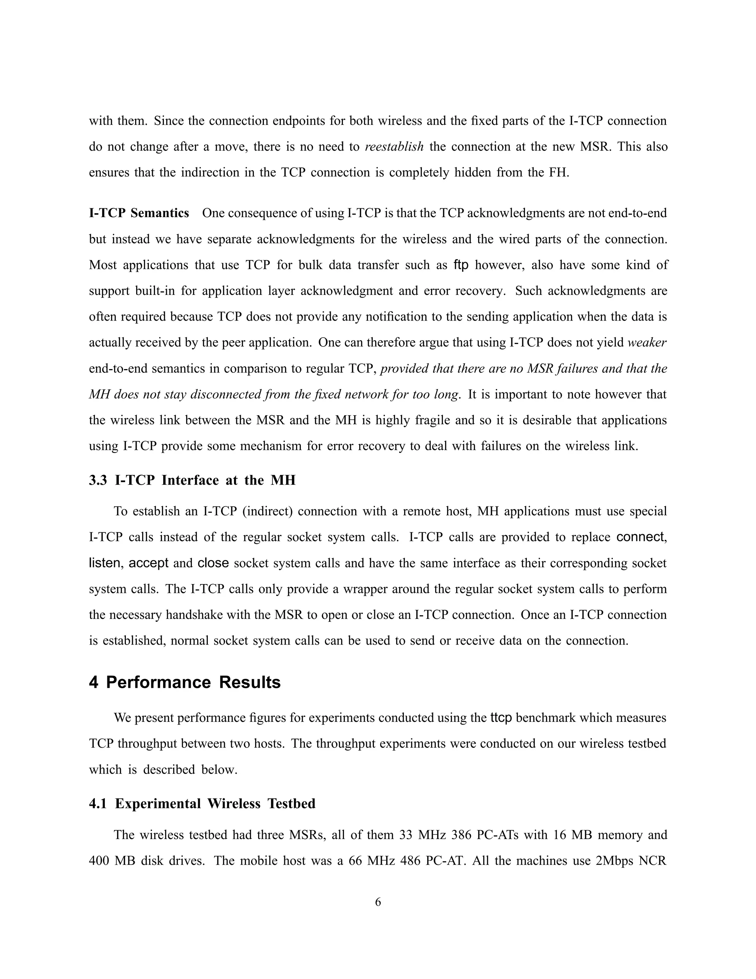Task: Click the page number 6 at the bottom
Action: (x=378, y=902)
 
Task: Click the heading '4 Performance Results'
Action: (x=185, y=682)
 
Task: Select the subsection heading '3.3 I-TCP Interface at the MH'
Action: (x=192, y=480)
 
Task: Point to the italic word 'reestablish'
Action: (x=394, y=147)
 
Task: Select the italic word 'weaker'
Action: (x=647, y=342)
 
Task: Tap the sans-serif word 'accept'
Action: (x=148, y=563)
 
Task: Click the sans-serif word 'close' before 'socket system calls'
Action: (x=213, y=563)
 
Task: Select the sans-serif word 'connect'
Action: (x=640, y=537)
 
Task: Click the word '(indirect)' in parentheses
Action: (x=267, y=511)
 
